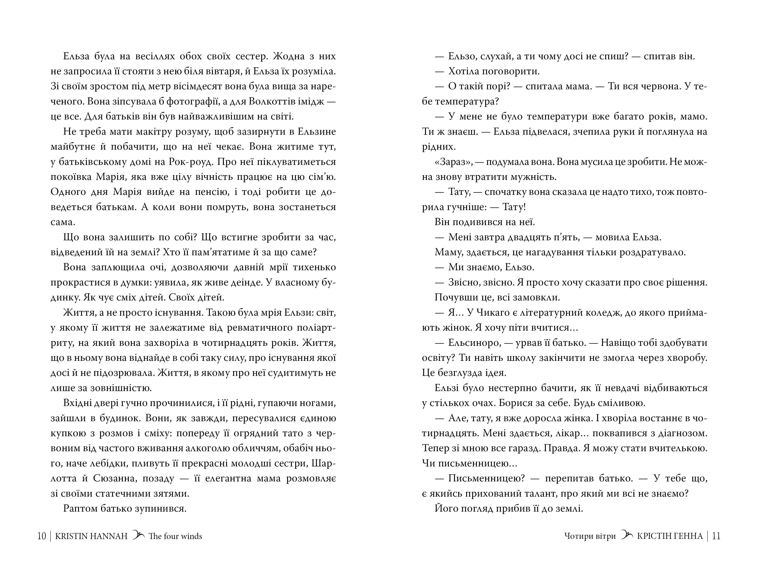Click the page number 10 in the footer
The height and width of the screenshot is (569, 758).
pyautogui.click(x=42, y=536)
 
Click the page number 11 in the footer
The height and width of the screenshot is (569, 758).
pyautogui.click(x=716, y=536)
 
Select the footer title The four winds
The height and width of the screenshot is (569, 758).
pyautogui.click(x=175, y=536)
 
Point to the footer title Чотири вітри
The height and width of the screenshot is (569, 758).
pyautogui.click(x=590, y=536)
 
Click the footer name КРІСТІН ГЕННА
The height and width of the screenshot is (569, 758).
pyautogui.click(x=670, y=536)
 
